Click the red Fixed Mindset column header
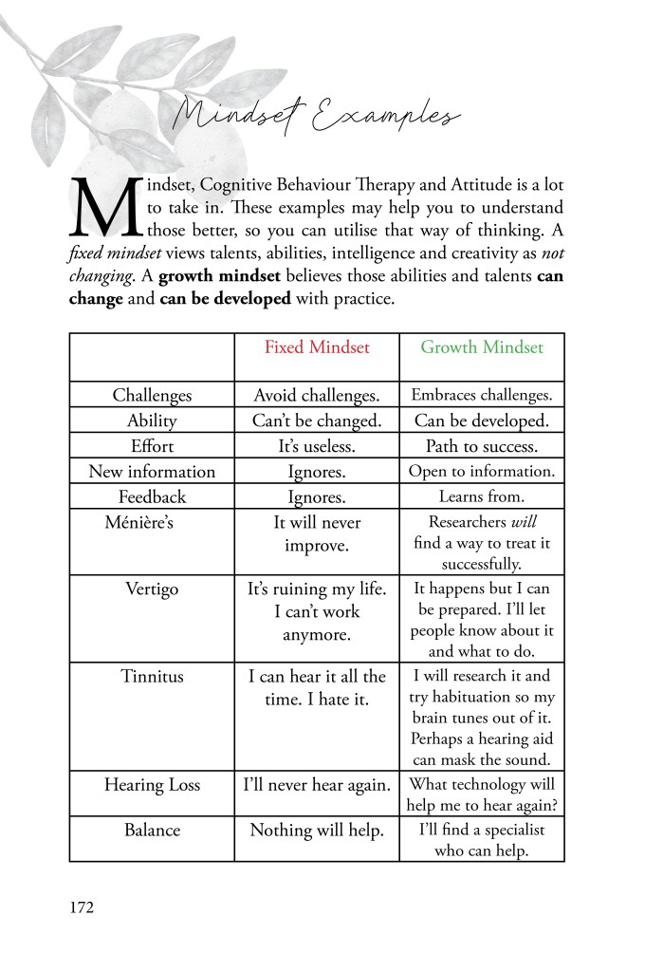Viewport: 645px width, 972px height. tap(317, 347)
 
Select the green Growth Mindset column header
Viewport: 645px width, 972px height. tap(482, 347)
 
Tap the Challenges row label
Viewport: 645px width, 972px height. tap(152, 396)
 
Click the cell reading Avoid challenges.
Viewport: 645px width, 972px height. tap(317, 396)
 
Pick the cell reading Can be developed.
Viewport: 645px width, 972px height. tap(482, 421)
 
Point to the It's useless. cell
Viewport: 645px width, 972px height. tap(317, 446)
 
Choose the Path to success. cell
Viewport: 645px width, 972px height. tap(482, 446)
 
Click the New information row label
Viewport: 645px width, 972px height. tap(152, 472)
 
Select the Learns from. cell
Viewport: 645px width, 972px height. tap(482, 496)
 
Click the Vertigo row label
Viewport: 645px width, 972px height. tap(152, 589)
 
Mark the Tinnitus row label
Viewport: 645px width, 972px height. tap(152, 677)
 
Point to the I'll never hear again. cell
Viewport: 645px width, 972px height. tap(317, 785)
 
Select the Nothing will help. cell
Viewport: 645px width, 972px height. tap(317, 831)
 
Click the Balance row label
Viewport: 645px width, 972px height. tap(152, 831)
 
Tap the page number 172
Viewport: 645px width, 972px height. tap(82, 907)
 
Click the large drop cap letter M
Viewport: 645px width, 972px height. tap(104, 206)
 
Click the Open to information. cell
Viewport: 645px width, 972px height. tap(482, 472)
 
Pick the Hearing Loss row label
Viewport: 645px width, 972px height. tap(152, 785)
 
